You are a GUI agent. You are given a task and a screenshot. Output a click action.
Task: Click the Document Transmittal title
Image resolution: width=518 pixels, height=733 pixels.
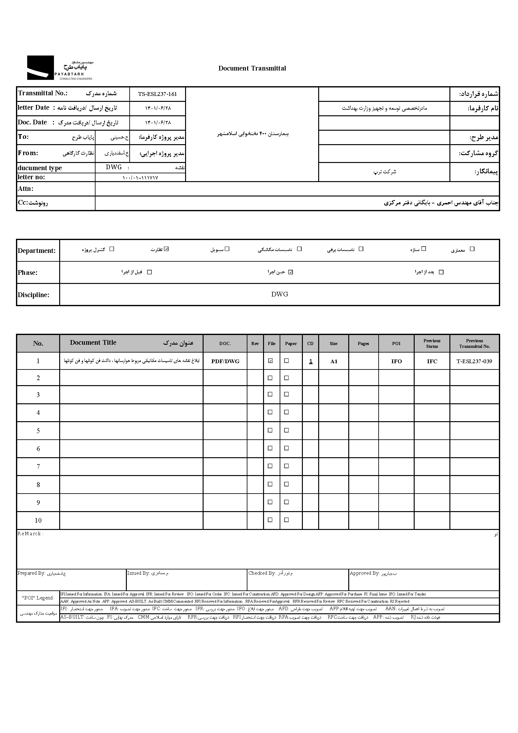[x=252, y=68]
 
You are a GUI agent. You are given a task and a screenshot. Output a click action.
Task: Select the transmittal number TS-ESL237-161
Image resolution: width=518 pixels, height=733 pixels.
[x=157, y=94]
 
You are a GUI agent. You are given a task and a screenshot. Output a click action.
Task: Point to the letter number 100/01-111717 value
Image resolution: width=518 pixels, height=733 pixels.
[x=140, y=178]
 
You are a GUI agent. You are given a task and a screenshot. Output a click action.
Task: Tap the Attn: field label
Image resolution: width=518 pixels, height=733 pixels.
[x=25, y=189]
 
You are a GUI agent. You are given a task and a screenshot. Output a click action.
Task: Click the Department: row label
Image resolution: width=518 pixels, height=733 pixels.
[x=37, y=251]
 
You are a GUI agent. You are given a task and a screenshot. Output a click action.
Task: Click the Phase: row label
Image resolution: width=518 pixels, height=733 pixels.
[x=28, y=273]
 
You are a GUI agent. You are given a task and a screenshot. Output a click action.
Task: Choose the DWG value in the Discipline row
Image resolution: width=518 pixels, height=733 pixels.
[x=279, y=294]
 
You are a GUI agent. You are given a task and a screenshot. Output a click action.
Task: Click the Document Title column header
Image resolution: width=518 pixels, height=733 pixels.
[x=93, y=343]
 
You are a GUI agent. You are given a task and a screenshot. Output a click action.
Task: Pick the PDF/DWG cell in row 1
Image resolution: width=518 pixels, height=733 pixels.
[x=225, y=361]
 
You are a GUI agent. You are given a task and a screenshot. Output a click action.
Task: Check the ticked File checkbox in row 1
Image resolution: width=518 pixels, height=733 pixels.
[x=271, y=361]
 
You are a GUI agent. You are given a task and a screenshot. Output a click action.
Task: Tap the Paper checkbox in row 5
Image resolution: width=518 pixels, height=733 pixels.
[x=287, y=430]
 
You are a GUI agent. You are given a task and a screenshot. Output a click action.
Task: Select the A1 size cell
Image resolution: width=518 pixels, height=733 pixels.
[x=334, y=361]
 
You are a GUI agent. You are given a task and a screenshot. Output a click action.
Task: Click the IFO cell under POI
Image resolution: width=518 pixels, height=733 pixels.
[x=396, y=361]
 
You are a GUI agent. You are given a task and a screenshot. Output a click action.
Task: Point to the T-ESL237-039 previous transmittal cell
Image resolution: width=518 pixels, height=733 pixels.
[x=474, y=361]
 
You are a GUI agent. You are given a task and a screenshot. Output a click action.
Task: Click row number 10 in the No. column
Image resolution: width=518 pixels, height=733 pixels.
[x=38, y=521]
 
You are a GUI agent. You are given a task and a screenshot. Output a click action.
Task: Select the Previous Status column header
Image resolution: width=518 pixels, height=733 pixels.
[x=432, y=343]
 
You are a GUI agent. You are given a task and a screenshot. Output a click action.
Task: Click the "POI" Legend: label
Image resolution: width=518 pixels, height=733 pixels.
[x=38, y=598]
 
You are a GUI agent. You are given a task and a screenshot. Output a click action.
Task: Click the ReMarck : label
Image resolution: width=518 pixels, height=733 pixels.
[x=30, y=534]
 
